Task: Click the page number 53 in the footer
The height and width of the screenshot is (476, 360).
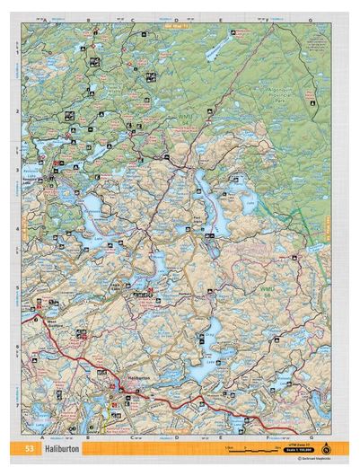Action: (x=31, y=448)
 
